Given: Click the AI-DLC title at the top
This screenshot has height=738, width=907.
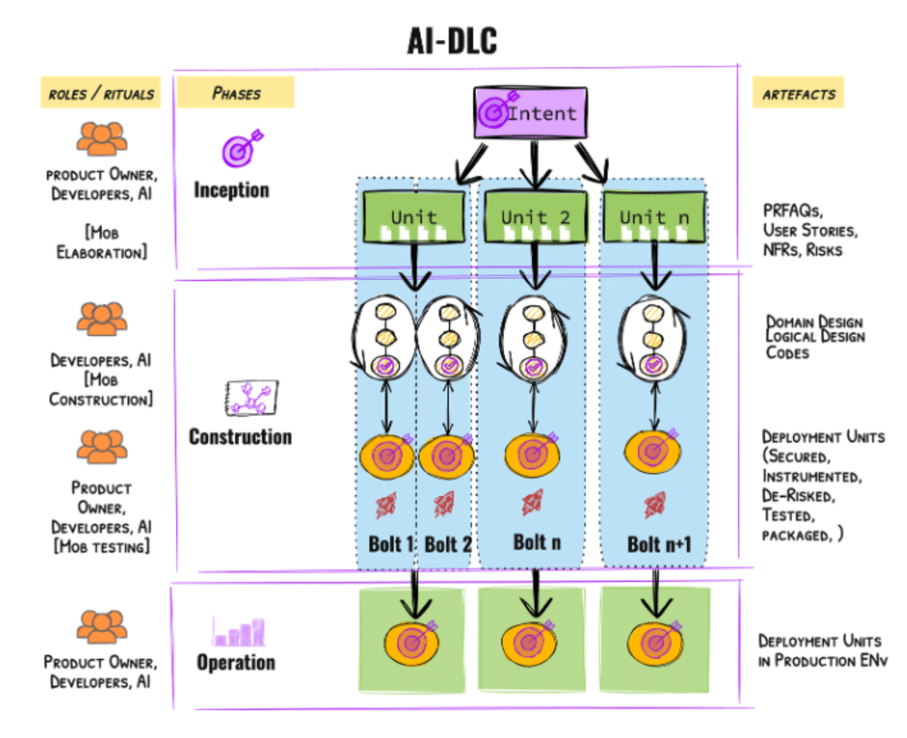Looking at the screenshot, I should [x=453, y=43].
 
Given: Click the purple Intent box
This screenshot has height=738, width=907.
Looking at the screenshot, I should [x=530, y=113].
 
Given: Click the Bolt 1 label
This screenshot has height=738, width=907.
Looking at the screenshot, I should [x=389, y=544].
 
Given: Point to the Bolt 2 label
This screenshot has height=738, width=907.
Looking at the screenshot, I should [x=447, y=544].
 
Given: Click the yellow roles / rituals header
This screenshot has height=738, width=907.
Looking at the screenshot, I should [x=101, y=94].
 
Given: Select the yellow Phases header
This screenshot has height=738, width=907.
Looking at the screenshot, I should [x=235, y=94].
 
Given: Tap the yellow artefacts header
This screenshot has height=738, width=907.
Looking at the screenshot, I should [x=798, y=94].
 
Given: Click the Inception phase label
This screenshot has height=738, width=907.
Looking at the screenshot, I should [x=231, y=189].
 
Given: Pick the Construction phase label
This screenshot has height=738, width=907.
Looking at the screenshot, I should [x=240, y=436].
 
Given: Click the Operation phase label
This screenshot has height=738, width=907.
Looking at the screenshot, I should [x=236, y=662].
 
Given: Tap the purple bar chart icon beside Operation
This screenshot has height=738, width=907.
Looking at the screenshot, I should [x=239, y=631].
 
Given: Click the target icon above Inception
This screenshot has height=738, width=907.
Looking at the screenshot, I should [x=241, y=148].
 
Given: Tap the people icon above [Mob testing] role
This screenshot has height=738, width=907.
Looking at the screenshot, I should [x=101, y=447].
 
